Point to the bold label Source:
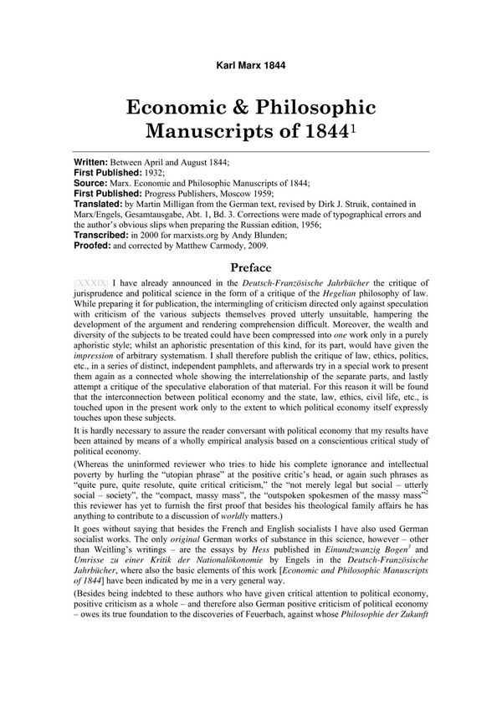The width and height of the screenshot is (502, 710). [x=91, y=181]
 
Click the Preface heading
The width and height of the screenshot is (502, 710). [x=251, y=268]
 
